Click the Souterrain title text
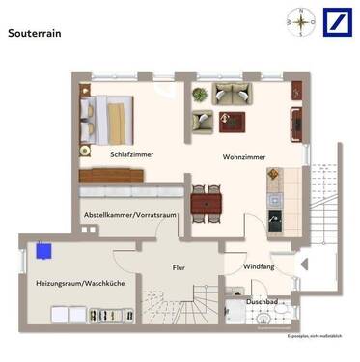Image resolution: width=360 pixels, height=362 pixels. (36, 33)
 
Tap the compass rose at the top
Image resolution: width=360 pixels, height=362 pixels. (301, 21)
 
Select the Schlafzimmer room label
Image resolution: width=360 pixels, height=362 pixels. (132, 154)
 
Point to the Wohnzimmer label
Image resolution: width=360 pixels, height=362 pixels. (244, 155)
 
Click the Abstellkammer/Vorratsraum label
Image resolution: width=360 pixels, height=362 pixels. (130, 215)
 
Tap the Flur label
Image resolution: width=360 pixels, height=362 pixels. (179, 267)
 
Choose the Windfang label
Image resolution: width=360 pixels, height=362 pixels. (258, 266)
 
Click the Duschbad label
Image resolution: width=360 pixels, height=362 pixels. (263, 301)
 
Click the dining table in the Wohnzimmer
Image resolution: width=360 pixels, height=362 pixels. (206, 203)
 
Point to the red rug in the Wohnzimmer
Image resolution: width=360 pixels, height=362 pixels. (231, 122)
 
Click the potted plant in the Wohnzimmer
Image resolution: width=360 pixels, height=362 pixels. (200, 94)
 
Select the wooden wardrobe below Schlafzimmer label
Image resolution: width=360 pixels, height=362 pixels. (112, 177)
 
